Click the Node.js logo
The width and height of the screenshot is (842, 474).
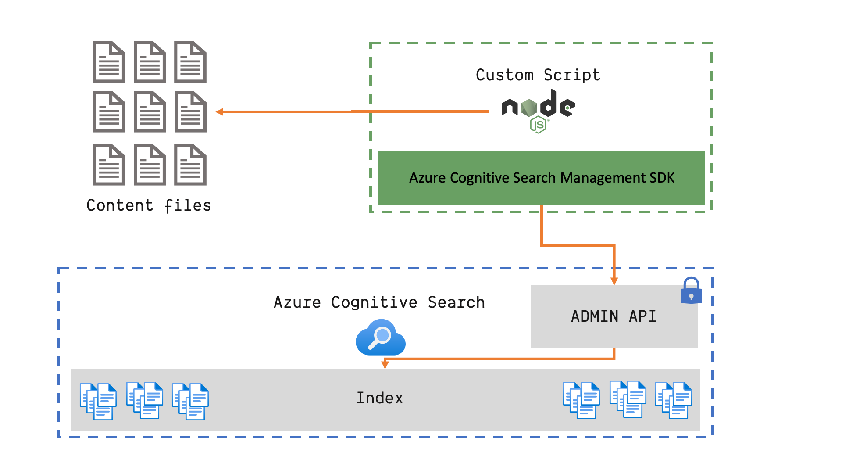[x=539, y=110]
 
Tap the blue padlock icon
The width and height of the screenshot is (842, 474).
[x=691, y=291]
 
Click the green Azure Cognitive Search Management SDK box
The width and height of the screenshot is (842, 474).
[x=541, y=178]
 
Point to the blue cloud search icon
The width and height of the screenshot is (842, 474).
[x=380, y=338]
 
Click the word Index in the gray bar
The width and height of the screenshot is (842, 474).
[x=380, y=398]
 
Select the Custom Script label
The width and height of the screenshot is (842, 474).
[x=538, y=75]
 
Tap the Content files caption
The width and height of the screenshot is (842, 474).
[x=149, y=205]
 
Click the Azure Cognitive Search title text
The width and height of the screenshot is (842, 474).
[x=379, y=302]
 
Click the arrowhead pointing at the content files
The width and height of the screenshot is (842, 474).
[x=220, y=112]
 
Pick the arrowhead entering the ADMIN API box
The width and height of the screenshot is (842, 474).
[x=614, y=281]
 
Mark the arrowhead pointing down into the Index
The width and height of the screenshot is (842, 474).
[x=385, y=365]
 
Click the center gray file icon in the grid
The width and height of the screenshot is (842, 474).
[x=150, y=111]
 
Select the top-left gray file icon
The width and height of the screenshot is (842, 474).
[x=109, y=62]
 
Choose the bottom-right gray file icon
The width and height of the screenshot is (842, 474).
[x=190, y=165]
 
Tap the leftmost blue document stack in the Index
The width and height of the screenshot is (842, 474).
[x=98, y=401]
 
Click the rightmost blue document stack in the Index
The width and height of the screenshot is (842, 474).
[x=674, y=400]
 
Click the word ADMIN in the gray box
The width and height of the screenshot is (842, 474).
[x=594, y=316]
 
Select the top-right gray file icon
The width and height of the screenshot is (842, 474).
[x=190, y=62]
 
